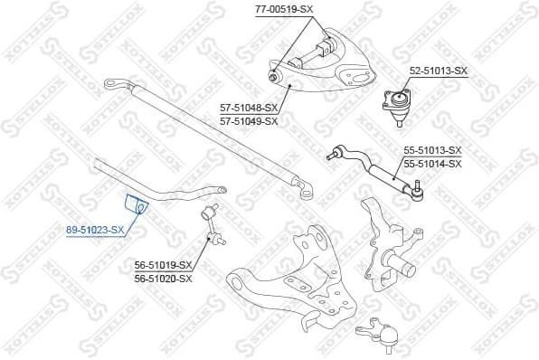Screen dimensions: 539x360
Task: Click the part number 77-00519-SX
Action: click(284, 9)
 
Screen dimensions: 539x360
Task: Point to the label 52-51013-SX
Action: click(439, 71)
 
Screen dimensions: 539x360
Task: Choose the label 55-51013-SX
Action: click(432, 150)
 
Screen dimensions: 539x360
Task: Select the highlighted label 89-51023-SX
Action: click(95, 231)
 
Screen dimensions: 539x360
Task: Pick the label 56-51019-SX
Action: click(163, 265)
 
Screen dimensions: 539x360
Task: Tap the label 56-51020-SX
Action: click(163, 278)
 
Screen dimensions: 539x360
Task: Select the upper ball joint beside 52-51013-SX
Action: click(396, 102)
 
